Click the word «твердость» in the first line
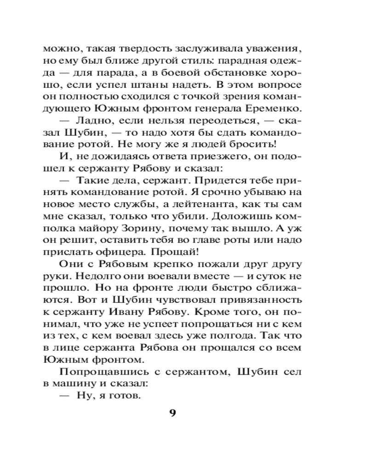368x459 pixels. coord(121,49)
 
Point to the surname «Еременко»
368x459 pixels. coord(275,109)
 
